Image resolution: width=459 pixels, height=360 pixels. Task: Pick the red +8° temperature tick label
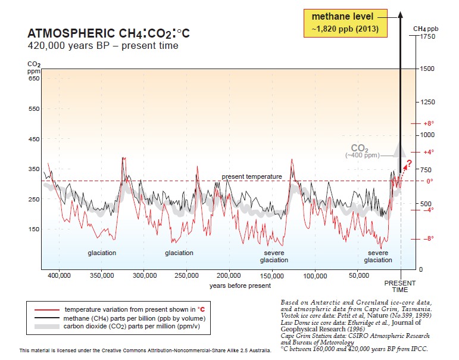tap(429, 123)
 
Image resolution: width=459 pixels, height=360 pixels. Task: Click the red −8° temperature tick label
tap(429, 238)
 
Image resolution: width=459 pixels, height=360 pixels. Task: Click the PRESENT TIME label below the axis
tap(400, 286)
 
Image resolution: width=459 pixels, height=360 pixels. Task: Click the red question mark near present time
tap(408, 165)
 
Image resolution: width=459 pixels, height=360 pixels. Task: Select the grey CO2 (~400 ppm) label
tap(363, 151)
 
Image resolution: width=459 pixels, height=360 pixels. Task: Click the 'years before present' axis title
tap(240, 286)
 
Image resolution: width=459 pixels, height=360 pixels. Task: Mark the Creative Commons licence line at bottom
tap(145, 350)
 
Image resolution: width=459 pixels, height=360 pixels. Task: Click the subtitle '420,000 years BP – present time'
tap(102, 45)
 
